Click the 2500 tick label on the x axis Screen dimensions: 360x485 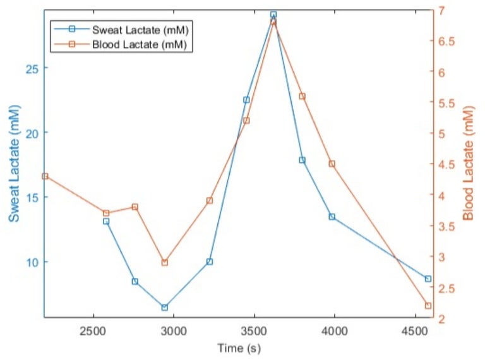coord(93,330)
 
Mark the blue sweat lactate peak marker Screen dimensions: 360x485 coord(273,14)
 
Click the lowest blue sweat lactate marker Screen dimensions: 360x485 coord(164,308)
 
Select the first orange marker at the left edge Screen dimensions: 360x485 coord(45,176)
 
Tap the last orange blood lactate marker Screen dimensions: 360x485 coord(428,306)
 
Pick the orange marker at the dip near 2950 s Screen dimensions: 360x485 coord(164,262)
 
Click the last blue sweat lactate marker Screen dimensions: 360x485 coord(428,279)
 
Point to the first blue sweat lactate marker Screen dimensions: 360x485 coord(106,221)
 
